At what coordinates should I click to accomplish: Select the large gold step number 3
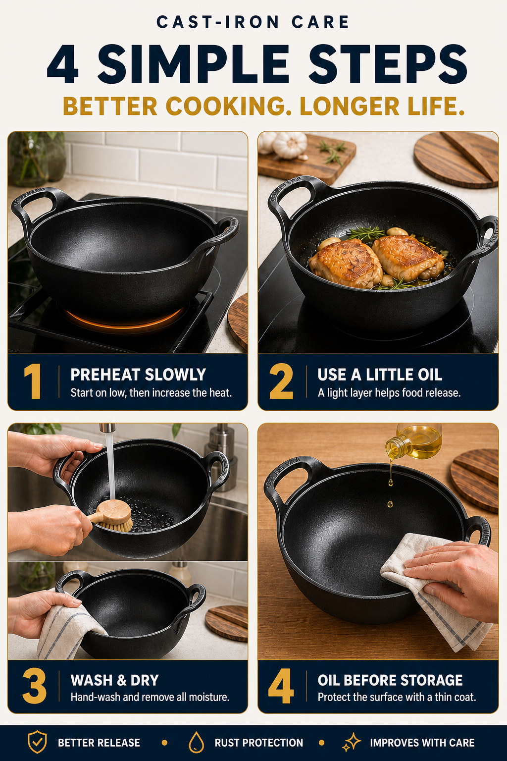click(34, 686)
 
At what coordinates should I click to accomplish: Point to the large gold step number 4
click(281, 686)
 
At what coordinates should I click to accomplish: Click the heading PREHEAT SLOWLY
click(138, 375)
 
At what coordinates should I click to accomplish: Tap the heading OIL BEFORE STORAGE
click(390, 680)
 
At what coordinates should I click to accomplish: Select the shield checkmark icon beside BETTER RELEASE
click(37, 742)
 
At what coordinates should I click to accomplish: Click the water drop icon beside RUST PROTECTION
click(196, 742)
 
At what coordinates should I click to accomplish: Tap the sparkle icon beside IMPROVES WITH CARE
click(352, 742)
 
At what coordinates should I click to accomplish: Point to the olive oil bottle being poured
click(414, 441)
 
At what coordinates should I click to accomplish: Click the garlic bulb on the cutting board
click(290, 145)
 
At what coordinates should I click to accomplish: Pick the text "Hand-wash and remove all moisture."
click(150, 697)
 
